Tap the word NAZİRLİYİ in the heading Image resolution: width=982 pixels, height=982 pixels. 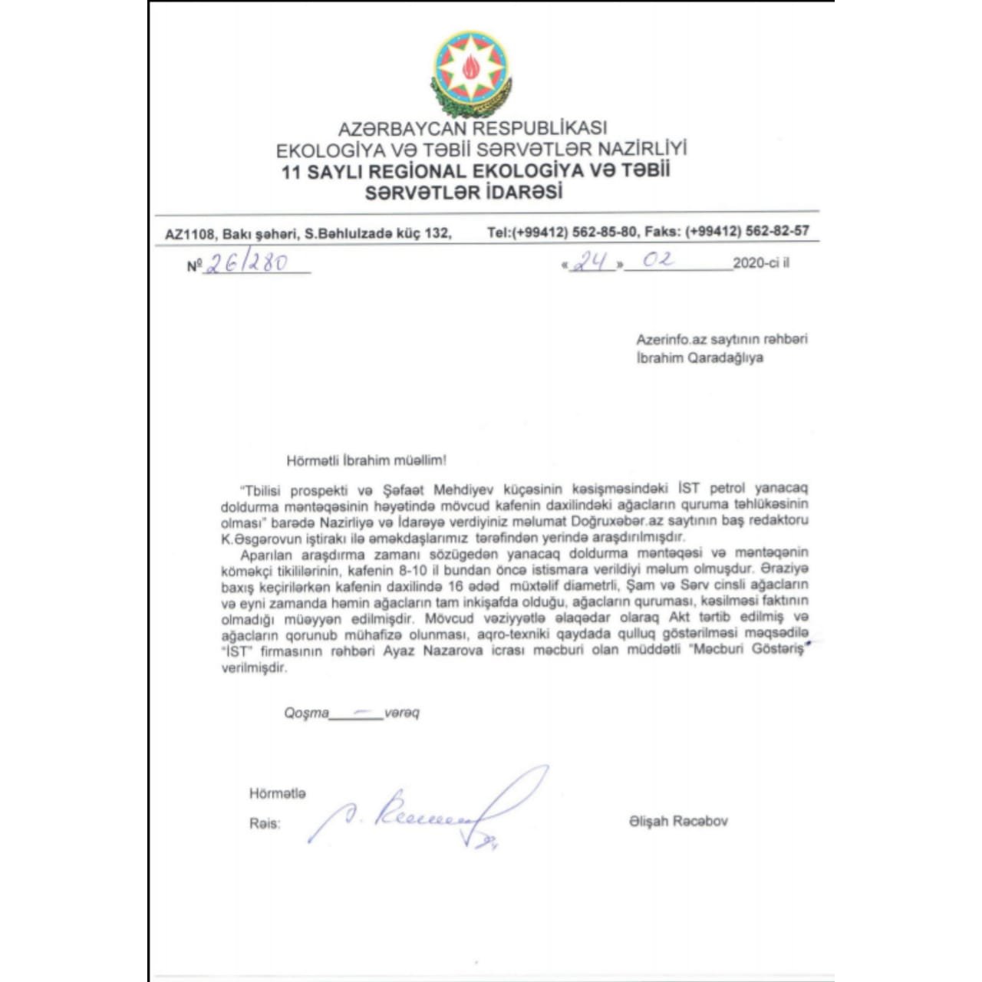point(642,148)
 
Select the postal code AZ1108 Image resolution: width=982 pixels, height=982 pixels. point(189,233)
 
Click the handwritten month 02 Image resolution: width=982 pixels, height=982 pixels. point(658,260)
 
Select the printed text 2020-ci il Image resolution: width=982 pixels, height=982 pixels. point(760,263)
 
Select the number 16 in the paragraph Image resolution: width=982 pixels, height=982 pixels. point(456,585)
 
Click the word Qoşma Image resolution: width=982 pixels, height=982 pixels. point(306,713)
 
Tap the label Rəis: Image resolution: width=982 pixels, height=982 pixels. point(265,824)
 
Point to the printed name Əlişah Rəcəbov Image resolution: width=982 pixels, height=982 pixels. point(677,821)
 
